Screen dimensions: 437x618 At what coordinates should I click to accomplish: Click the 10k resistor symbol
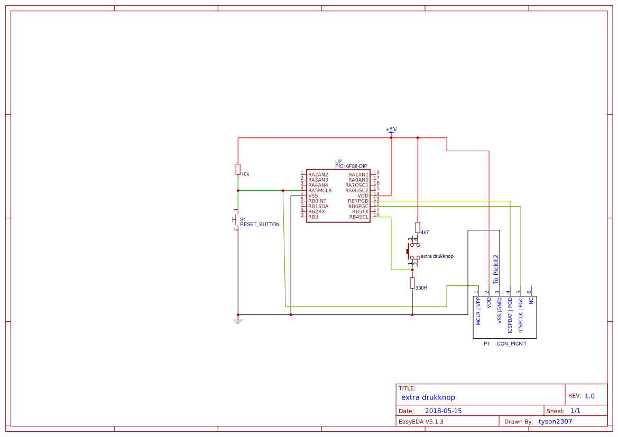(x=238, y=169)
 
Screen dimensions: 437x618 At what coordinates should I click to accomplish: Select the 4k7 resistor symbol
(x=418, y=227)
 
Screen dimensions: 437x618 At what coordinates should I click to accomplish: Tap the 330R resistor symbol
(x=412, y=283)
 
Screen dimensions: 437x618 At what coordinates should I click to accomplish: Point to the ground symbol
(x=238, y=320)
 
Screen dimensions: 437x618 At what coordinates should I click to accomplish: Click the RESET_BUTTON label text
(x=260, y=225)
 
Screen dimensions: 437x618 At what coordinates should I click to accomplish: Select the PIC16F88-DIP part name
(x=351, y=166)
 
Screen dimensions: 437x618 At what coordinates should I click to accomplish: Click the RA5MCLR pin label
(x=320, y=190)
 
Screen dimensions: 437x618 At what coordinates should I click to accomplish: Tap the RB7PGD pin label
(x=358, y=201)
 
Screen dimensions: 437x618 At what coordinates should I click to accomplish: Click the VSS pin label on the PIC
(x=313, y=196)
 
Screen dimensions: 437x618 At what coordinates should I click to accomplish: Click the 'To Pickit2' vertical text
(x=496, y=269)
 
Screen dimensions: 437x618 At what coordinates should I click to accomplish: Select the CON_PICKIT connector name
(x=512, y=343)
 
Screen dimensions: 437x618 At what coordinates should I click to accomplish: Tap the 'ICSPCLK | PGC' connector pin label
(x=521, y=314)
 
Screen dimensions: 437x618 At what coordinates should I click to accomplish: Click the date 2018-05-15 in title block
(x=443, y=411)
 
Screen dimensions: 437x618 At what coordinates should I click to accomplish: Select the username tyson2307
(x=555, y=421)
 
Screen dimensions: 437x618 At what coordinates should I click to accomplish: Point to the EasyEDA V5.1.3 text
(x=421, y=421)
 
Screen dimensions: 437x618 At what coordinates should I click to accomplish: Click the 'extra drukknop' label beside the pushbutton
(x=437, y=256)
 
